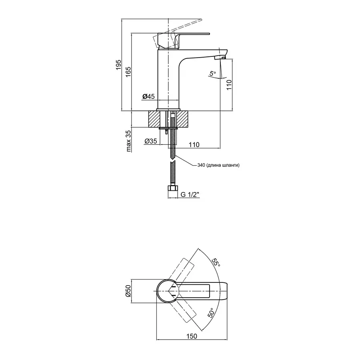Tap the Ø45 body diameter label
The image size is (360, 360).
tap(148, 96)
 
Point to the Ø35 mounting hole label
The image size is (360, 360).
tap(150, 141)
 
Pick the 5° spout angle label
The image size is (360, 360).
tap(212, 73)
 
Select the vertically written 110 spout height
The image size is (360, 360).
tap(230, 84)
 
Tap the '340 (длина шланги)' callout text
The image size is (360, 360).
tap(218, 165)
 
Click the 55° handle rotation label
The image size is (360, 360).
tap(216, 262)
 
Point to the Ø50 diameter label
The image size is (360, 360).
tap(128, 291)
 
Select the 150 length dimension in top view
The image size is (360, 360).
tap(192, 337)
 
